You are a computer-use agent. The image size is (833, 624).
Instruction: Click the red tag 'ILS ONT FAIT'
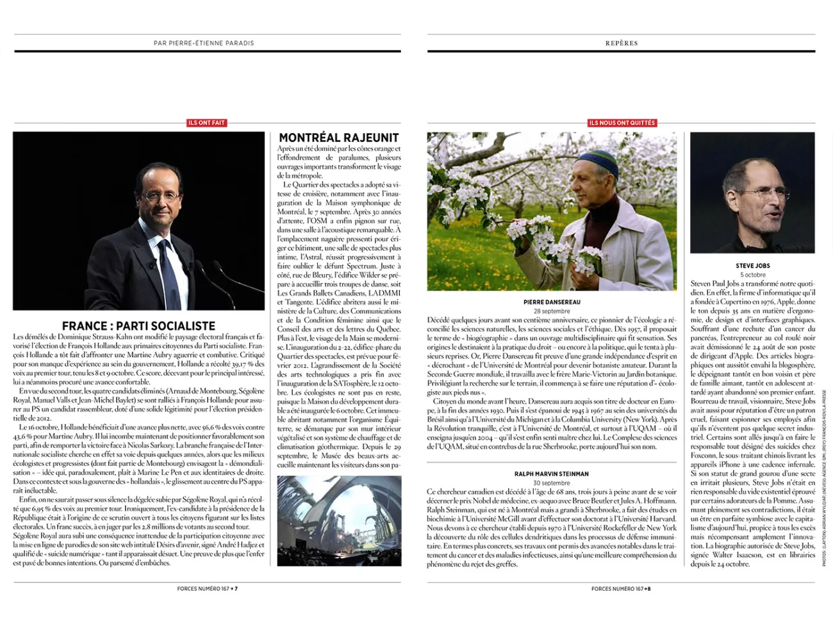(x=207, y=122)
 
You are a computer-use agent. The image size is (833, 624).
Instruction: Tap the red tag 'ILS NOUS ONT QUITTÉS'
(x=622, y=122)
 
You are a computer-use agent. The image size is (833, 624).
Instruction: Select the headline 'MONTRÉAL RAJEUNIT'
(x=339, y=138)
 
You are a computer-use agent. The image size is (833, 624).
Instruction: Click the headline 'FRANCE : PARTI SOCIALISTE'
(x=138, y=326)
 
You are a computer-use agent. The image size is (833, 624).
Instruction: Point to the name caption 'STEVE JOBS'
(x=752, y=266)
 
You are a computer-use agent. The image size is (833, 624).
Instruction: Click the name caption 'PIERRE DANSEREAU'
(x=552, y=302)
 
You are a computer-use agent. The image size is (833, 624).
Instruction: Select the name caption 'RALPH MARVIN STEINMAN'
(x=551, y=474)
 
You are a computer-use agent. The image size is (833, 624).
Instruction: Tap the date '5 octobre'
(x=752, y=275)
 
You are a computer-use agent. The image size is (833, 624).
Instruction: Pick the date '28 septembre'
(x=552, y=311)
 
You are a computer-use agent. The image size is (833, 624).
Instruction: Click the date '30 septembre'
(x=551, y=483)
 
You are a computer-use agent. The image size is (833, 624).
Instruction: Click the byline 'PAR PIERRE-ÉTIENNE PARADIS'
(x=204, y=43)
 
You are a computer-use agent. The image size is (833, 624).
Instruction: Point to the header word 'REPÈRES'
(x=622, y=43)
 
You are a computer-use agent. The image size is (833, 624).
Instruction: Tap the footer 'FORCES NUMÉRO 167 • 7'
(x=208, y=589)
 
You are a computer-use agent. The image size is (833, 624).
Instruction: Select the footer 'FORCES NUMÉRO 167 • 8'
(x=621, y=589)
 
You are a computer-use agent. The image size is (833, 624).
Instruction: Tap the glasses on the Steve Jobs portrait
(x=764, y=193)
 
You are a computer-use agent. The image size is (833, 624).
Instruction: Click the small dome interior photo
(x=339, y=520)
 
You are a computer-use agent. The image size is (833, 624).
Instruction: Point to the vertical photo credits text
(x=825, y=506)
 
